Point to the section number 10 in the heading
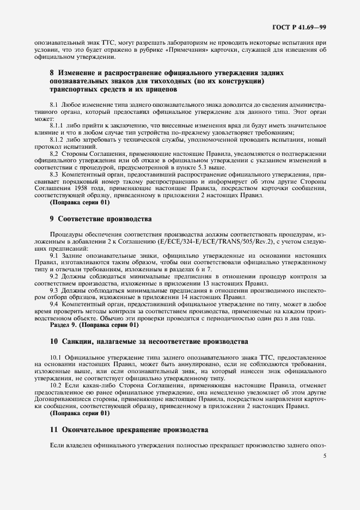pyautogui.click(x=53, y=342)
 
